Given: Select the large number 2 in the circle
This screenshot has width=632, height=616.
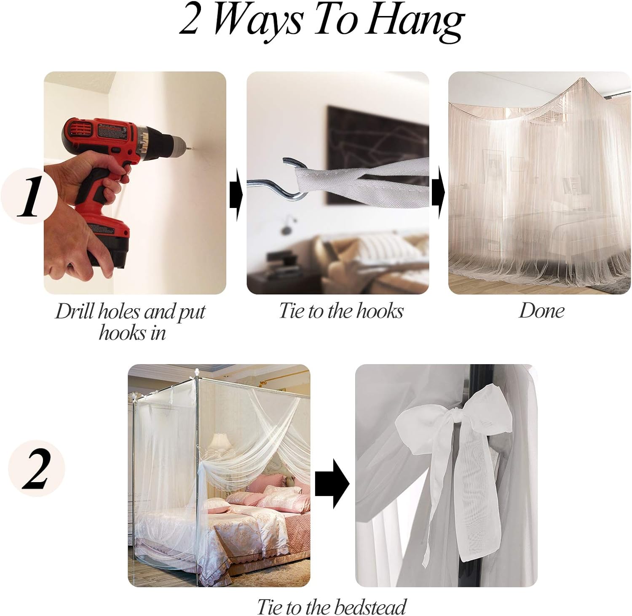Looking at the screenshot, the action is pyautogui.click(x=36, y=469).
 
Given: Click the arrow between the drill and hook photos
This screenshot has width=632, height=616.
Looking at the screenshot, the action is pyautogui.click(x=236, y=194).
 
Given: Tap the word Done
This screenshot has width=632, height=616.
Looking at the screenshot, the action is pyautogui.click(x=541, y=311).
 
